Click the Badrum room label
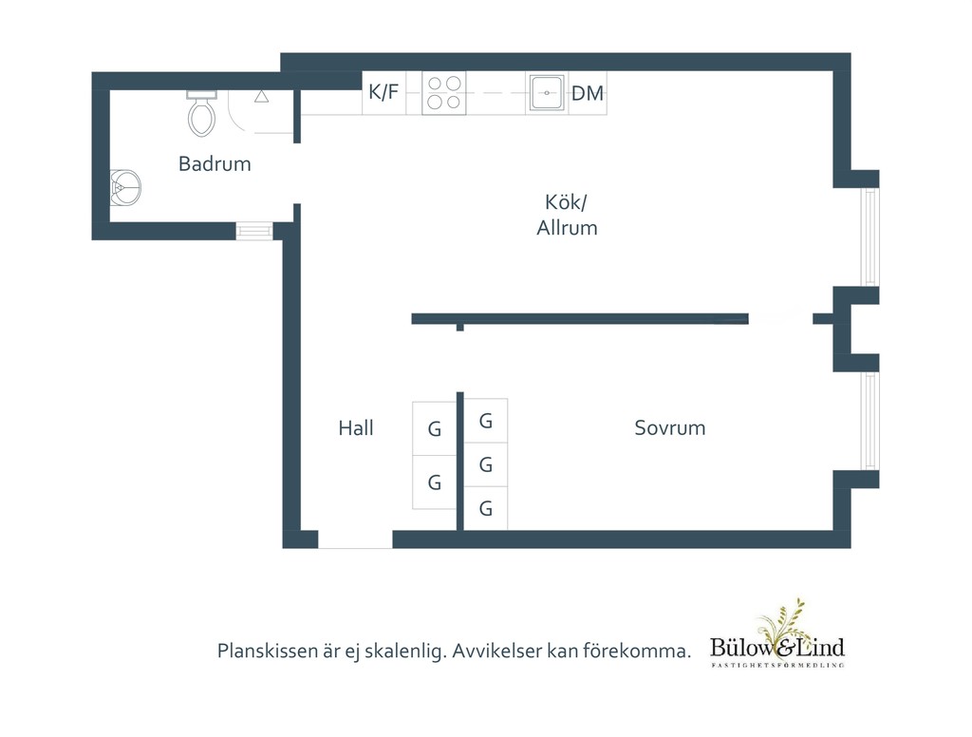[215, 163]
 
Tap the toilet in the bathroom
[201, 114]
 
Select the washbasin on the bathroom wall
[125, 187]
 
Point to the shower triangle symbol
[262, 96]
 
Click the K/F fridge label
[383, 92]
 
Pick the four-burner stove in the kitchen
[444, 93]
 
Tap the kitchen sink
[547, 93]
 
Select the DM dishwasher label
[587, 93]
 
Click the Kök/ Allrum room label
[567, 215]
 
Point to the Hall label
[356, 428]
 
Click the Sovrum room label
[670, 428]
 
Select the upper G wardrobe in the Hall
[435, 428]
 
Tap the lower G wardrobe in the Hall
[435, 482]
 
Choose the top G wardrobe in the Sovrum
[486, 421]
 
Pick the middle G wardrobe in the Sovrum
[486, 464]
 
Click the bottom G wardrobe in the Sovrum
[486, 509]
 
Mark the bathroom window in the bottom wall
[254, 232]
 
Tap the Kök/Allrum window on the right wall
[870, 236]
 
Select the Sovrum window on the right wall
[870, 421]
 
